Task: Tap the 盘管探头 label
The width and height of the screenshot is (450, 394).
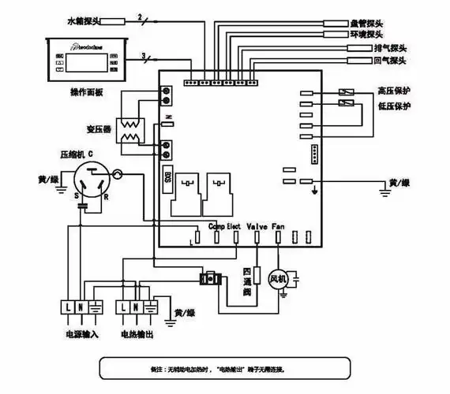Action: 366,24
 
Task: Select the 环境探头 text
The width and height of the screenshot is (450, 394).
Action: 366,35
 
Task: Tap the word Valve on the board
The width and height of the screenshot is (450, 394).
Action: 257,226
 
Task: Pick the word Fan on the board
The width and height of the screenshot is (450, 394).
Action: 278,226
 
